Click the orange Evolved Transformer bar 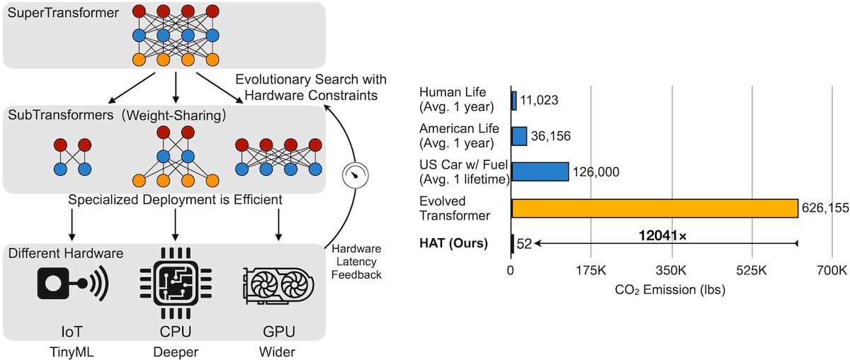pos(654,208)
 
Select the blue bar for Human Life pos(514,100)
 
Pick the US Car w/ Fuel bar pos(540,171)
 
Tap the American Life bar pos(519,135)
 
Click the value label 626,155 pos(824,208)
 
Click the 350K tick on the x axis pos(671,271)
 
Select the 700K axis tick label pos(832,271)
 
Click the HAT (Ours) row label pos(453,244)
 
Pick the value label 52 pos(525,244)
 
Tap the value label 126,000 pos(598,171)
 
